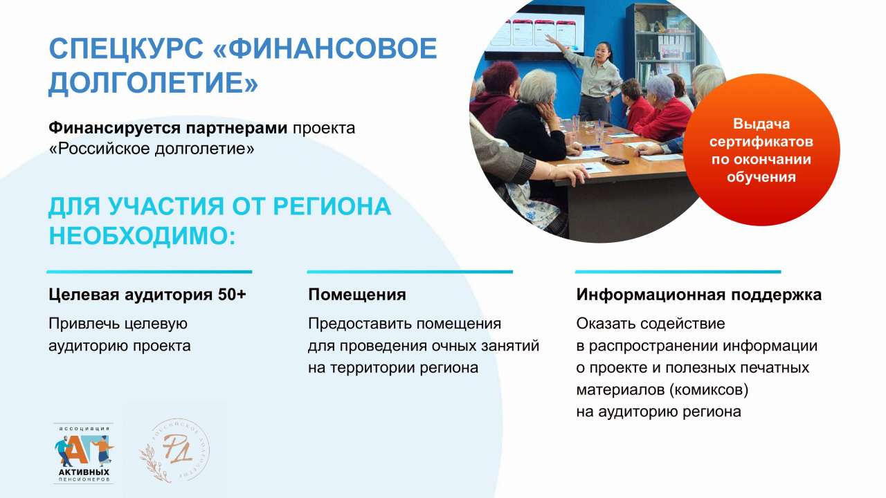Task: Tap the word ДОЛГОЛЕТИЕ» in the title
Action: pyautogui.click(x=153, y=82)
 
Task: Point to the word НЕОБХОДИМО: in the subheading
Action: pyautogui.click(x=142, y=236)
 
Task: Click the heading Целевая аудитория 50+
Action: pyautogui.click(x=147, y=295)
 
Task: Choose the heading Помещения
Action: pyautogui.click(x=356, y=295)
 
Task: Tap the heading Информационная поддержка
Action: pyautogui.click(x=698, y=295)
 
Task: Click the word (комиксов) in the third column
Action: pyautogui.click(x=709, y=390)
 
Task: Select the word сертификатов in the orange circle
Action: pyautogui.click(x=761, y=142)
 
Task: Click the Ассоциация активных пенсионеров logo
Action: pyautogui.click(x=84, y=453)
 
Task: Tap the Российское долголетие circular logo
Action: pyautogui.click(x=175, y=450)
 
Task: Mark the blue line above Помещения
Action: pyautogui.click(x=410, y=272)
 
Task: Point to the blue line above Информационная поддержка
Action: pyautogui.click(x=678, y=272)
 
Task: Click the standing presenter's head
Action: pyautogui.click(x=604, y=50)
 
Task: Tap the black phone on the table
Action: pyautogui.click(x=615, y=160)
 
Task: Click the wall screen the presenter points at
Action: pyautogui.click(x=535, y=31)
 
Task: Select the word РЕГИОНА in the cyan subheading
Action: pyautogui.click(x=332, y=206)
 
